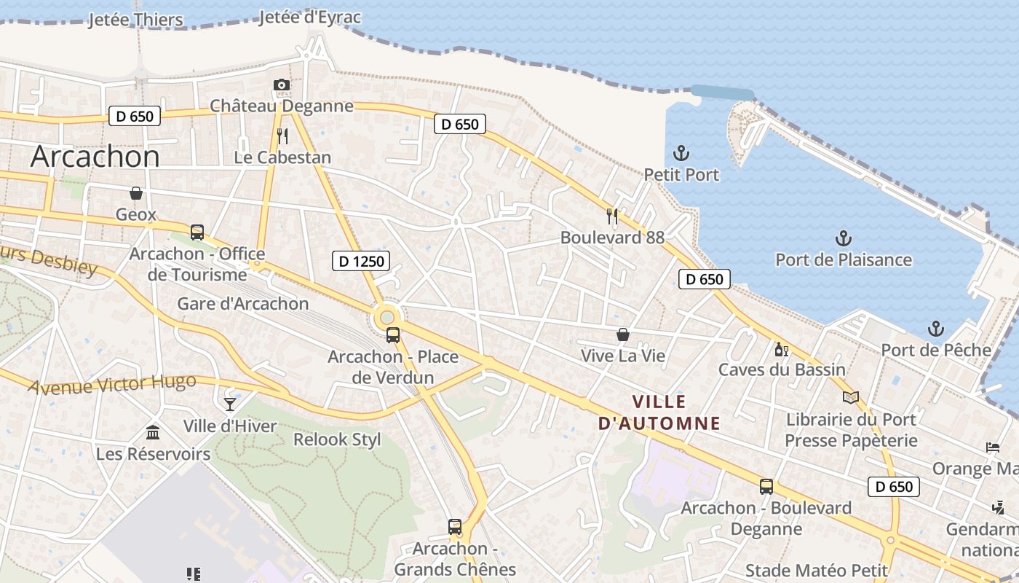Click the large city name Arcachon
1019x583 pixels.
point(95,157)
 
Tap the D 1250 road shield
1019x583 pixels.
point(362,261)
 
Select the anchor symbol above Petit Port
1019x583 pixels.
point(681,153)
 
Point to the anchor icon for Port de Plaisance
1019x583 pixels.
point(843,238)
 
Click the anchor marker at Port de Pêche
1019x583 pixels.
point(936,329)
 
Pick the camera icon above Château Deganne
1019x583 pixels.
point(282,85)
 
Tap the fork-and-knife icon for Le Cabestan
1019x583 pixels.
point(282,136)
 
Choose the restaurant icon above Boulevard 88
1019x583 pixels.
point(612,216)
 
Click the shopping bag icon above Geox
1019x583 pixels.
point(136,193)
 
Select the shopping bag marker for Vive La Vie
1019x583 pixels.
point(623,334)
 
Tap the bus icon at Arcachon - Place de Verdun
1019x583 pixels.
point(393,335)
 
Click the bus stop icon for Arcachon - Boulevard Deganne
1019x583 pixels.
point(766,487)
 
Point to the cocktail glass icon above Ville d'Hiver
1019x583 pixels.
point(230,404)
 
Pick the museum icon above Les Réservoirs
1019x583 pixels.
point(153,433)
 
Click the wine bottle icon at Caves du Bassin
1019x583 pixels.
point(782,349)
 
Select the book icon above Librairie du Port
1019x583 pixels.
point(851,398)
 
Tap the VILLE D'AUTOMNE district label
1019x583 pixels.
point(659,412)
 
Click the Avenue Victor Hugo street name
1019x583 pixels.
point(112,384)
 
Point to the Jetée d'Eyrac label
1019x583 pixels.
point(310,17)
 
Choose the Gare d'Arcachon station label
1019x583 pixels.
point(243,304)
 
